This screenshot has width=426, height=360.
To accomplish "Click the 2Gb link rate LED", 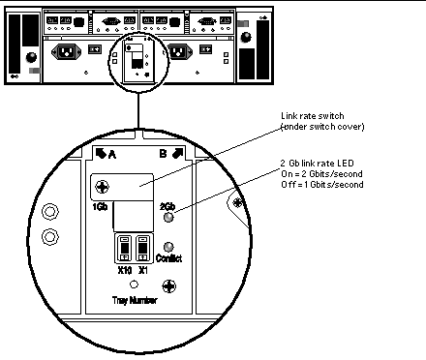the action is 168,218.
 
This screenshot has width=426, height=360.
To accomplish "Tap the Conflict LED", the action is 168,247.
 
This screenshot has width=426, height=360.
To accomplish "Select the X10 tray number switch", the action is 125,248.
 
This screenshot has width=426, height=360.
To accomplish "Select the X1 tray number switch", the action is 142,248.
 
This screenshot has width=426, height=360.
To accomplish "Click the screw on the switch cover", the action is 103,187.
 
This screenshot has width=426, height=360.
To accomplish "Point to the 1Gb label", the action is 100,206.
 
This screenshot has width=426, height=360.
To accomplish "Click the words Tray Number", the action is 135,300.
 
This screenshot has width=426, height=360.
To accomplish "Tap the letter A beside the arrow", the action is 112,155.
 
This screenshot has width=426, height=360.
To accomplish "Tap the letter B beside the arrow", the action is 164,154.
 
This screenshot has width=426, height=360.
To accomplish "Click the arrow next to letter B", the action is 178,154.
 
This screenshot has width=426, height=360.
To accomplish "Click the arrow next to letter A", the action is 101,154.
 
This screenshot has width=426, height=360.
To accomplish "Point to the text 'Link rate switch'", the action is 313,116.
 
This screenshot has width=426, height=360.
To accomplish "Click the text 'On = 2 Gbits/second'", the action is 321,174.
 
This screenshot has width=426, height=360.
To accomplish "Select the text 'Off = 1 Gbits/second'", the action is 322,185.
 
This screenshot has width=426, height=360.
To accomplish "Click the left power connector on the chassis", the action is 67,51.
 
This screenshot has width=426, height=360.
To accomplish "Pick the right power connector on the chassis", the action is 178,51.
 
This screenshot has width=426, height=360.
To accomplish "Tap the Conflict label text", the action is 168,258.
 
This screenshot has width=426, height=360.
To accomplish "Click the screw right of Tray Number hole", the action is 169,286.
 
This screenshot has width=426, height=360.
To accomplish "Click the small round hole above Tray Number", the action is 134,285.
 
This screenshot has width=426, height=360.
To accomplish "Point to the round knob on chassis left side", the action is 31,57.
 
